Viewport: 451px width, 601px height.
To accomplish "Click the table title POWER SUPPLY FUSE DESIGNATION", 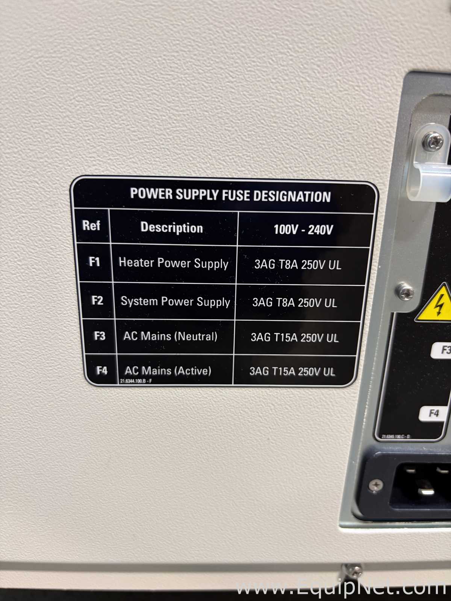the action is coord(230,195).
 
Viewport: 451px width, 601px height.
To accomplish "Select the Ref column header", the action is coord(91,225).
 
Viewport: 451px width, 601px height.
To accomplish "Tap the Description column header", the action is coord(172,228).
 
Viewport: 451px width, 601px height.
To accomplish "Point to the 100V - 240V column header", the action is coord(303,230).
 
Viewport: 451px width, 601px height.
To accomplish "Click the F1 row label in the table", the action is coord(94,262).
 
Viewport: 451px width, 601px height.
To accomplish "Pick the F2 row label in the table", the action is coord(97,300).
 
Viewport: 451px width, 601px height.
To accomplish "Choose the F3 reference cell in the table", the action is coord(99,336).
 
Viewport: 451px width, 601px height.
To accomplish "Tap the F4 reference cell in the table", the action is coord(101,370).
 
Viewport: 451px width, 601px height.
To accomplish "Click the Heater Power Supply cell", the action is coord(173,263).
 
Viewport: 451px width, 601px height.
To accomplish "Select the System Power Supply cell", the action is coord(175,302).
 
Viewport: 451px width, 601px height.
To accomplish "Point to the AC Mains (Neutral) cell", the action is coord(170,336).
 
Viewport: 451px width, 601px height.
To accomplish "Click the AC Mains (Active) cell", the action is coord(168,371).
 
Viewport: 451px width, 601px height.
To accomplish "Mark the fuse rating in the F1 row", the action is coord(298,265).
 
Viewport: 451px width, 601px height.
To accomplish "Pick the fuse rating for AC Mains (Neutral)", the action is coord(295,338).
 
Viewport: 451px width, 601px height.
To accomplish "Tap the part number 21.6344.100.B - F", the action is coord(136,381).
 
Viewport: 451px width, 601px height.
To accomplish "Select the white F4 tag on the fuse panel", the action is coord(434,413).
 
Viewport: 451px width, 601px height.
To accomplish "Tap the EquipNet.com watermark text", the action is coord(341,588).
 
